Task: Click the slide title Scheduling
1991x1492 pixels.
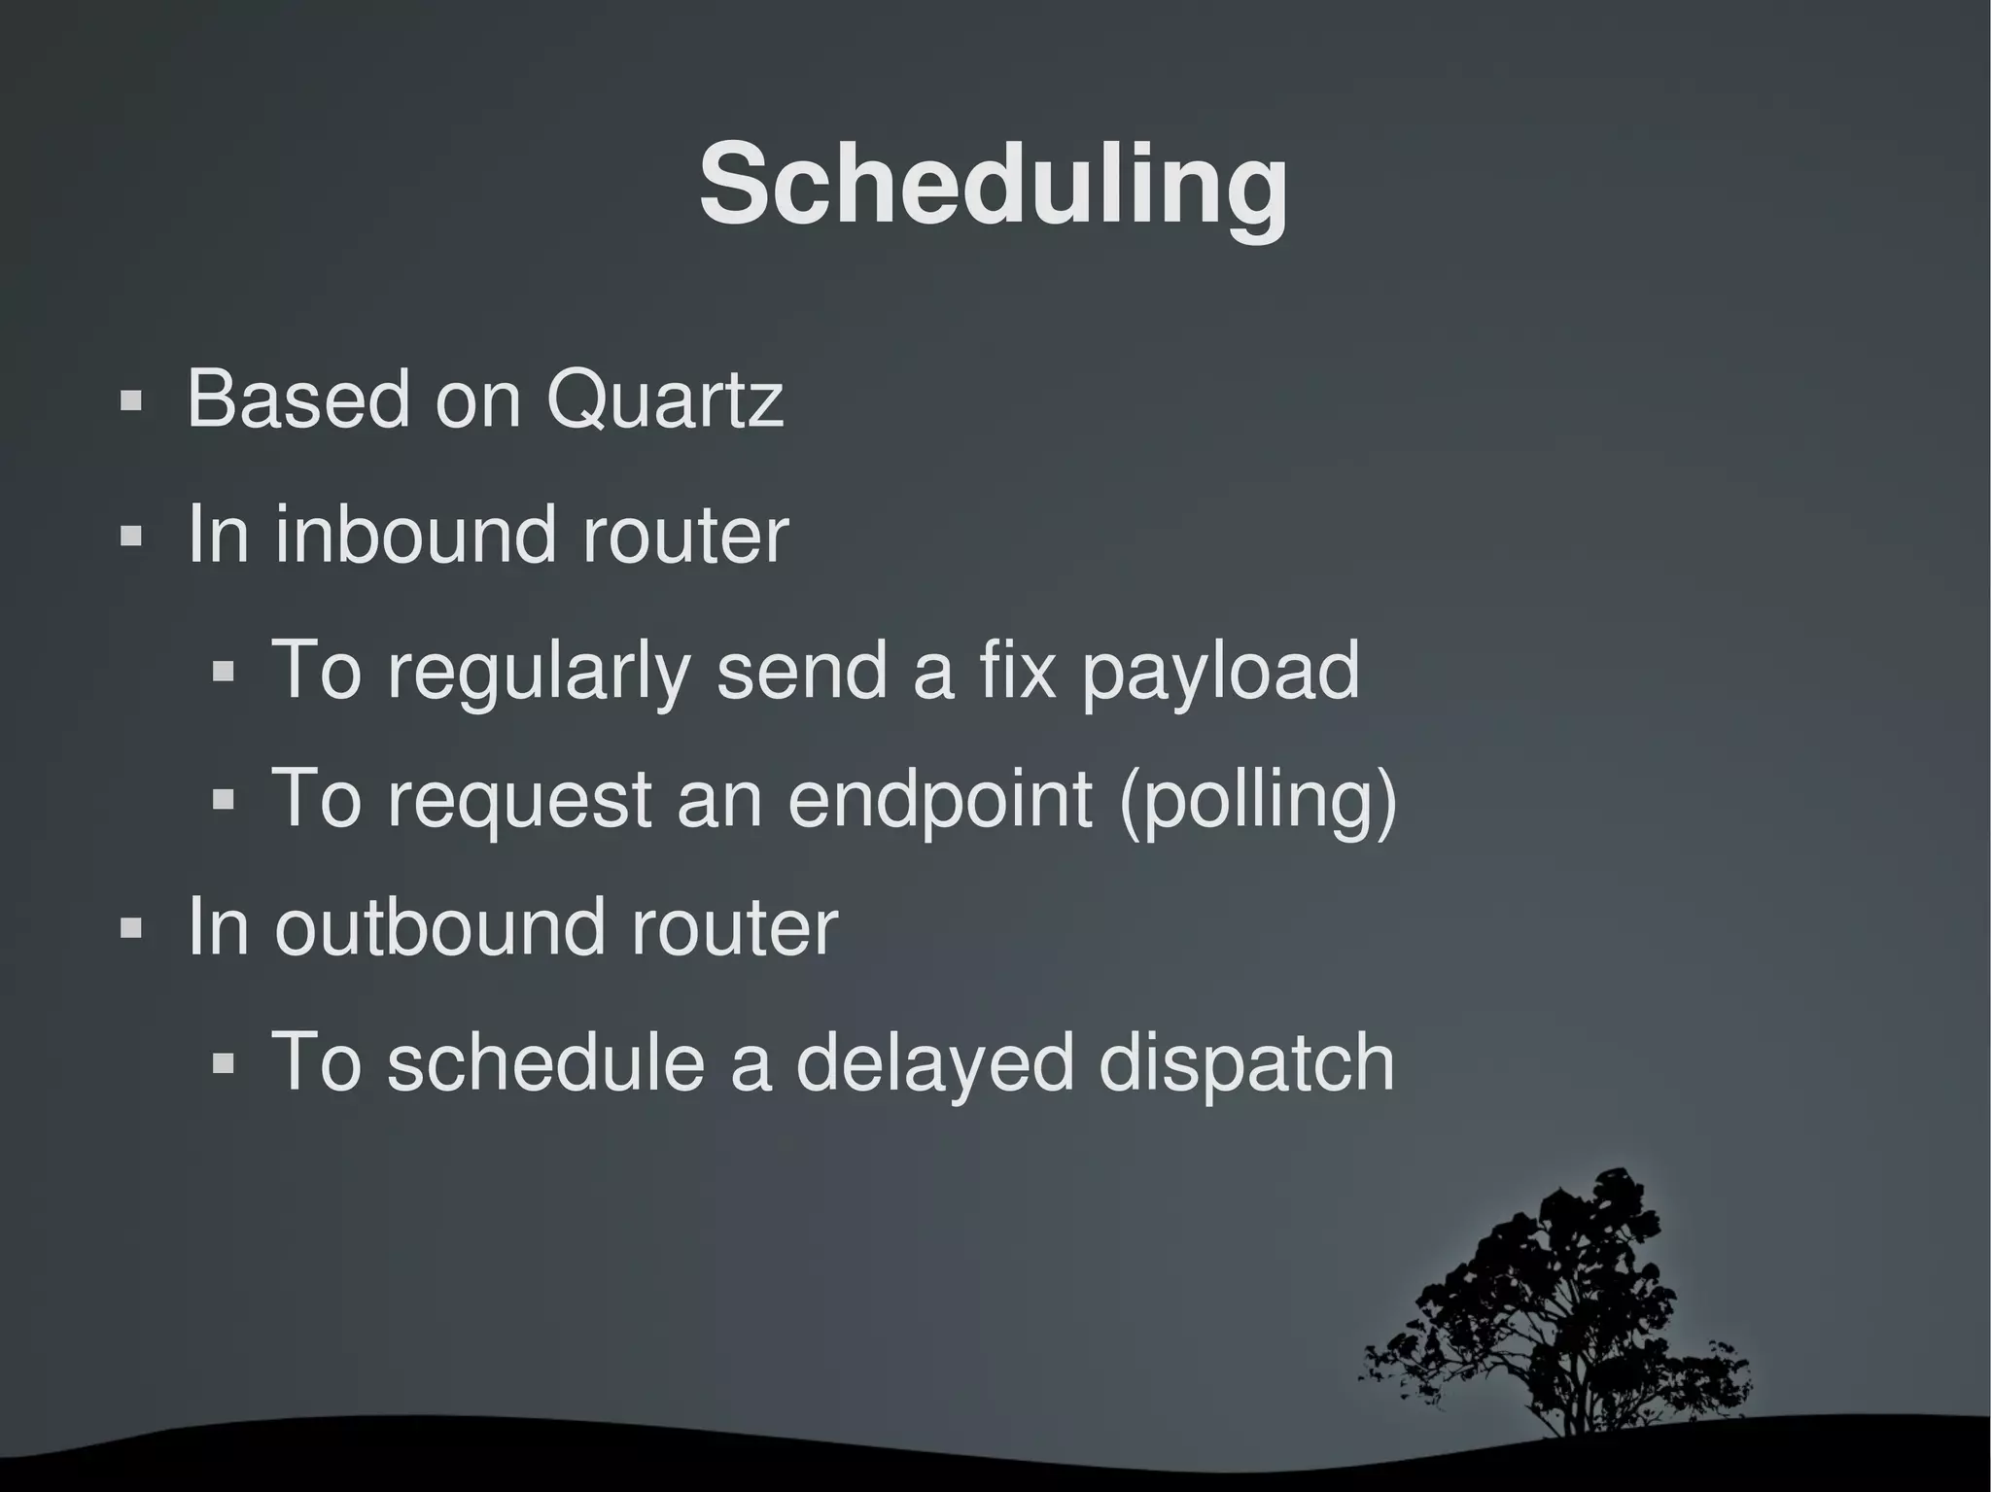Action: coord(993,185)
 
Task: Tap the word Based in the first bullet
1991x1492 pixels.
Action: coord(297,399)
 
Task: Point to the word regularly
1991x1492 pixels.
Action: coord(539,671)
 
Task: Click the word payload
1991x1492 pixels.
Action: coord(1220,673)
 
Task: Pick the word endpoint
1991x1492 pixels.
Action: coord(940,800)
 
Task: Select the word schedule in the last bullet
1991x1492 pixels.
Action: coord(545,1061)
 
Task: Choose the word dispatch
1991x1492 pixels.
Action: coord(1246,1063)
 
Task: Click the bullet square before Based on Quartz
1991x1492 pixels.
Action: coord(131,401)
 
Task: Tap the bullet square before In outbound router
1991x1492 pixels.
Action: coord(131,928)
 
